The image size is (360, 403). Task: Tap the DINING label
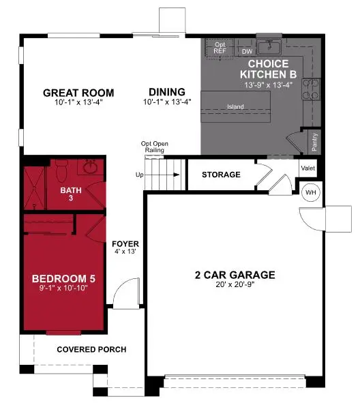[x=167, y=93]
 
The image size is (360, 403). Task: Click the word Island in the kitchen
[x=236, y=106]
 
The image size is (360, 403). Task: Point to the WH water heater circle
[x=310, y=192]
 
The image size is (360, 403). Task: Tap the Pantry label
[x=314, y=142]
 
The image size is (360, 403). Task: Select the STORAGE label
[x=221, y=175]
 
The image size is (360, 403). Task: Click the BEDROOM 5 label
[x=59, y=278]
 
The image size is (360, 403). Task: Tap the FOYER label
[x=126, y=243]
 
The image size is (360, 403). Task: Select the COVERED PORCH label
[x=91, y=349]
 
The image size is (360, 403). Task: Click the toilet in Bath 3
[x=61, y=166]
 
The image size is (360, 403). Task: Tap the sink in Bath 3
[x=90, y=166]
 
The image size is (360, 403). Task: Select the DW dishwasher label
[x=246, y=50]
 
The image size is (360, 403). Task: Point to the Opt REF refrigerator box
[x=220, y=47]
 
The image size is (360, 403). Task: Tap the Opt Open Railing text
[x=155, y=147]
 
